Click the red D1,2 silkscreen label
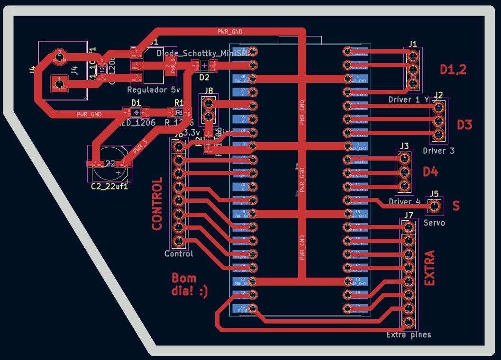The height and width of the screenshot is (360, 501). pos(453,70)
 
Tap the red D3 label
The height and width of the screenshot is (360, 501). pos(465,125)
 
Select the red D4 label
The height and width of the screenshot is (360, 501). pos(430,171)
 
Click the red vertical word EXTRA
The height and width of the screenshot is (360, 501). pos(429,268)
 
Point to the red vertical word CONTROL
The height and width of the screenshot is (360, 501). pos(157,204)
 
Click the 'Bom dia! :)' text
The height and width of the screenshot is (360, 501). pos(190,285)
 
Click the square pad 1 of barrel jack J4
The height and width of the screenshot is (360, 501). pos(59,83)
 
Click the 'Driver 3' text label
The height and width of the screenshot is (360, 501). pos(438,151)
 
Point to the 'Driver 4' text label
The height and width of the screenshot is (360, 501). pos(404,201)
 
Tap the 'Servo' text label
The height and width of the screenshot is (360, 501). pos(434,222)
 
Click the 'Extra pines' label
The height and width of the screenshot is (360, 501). pos(409,335)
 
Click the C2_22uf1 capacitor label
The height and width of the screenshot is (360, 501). pos(109,186)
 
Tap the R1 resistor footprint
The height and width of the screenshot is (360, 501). pos(179,112)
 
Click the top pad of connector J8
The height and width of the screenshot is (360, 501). pos(208,103)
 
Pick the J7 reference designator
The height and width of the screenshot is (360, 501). pos(409,215)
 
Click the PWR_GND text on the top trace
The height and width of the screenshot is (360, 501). pos(230,32)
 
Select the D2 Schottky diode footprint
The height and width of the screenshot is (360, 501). pos(204,67)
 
